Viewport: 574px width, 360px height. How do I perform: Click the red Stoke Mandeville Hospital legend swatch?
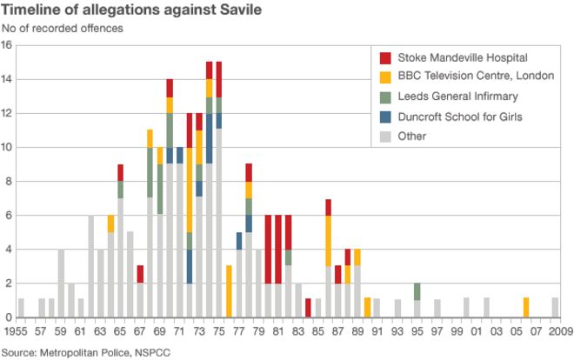coord(385,57)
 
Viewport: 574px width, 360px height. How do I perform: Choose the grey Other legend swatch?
coord(385,136)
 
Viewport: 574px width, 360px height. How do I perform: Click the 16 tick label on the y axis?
coord(7,46)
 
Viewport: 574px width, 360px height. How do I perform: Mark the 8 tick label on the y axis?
coord(7,182)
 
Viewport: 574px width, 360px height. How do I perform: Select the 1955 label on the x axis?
coord(16,331)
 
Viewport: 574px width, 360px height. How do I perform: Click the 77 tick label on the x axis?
coord(239,331)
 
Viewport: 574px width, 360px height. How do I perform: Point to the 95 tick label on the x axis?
coord(417,331)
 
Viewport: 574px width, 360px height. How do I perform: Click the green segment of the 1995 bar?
coord(417,291)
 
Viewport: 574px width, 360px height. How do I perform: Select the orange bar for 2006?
coord(526,308)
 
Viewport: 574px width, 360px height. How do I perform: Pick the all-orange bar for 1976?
coord(229,291)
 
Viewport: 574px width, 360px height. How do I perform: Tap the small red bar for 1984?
coord(309,308)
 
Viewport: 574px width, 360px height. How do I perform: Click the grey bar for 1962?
coord(90,266)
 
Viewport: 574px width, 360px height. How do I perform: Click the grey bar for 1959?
coord(61,283)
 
